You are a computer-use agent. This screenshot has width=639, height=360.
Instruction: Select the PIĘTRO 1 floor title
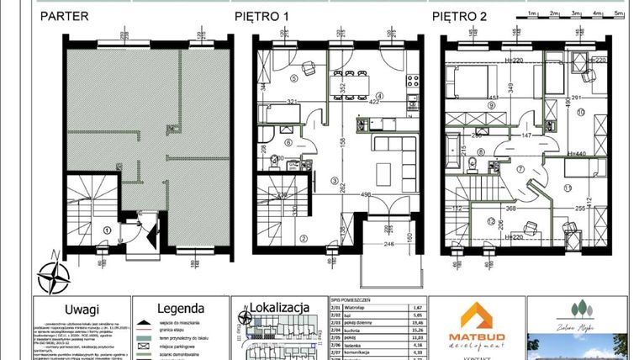pos(263,15)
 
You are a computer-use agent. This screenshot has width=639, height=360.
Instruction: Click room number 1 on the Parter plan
pos(107,229)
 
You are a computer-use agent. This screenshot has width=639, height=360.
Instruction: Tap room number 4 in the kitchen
pos(379,96)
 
